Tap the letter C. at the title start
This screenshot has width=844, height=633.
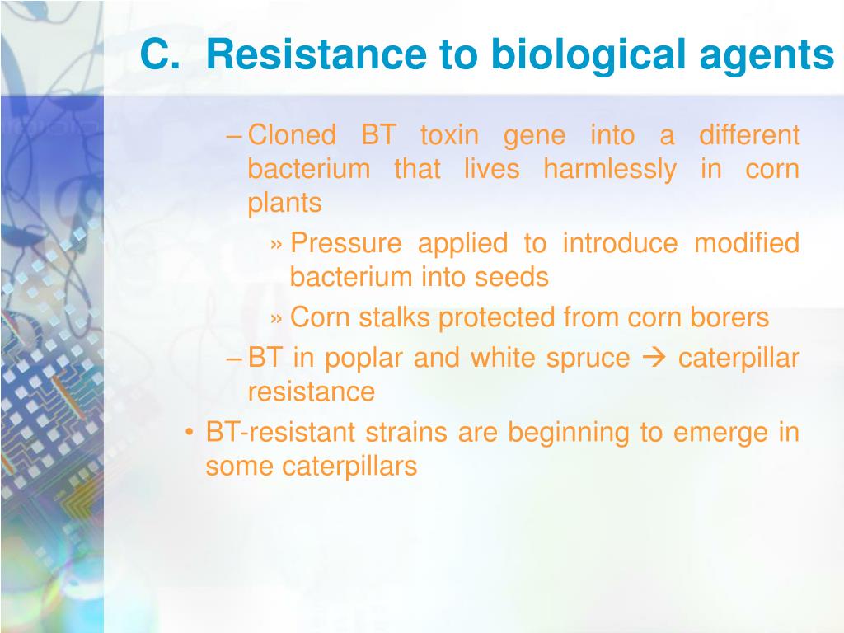point(160,54)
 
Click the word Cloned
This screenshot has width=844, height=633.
point(293,134)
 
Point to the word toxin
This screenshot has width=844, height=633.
point(449,135)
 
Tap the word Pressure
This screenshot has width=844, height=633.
point(346,243)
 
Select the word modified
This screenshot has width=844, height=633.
point(747,243)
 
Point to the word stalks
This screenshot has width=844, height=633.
point(395,317)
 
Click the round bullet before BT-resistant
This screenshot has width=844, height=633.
point(189,433)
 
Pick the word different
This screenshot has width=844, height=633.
point(749,134)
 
